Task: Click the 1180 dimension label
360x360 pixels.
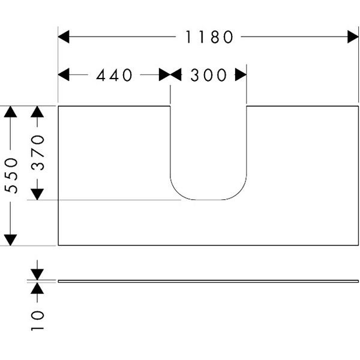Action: pyautogui.click(x=208, y=37)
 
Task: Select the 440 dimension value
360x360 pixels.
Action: pyautogui.click(x=113, y=75)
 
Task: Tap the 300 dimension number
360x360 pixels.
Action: pyautogui.click(x=209, y=75)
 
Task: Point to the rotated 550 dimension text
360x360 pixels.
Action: pyautogui.click(x=11, y=175)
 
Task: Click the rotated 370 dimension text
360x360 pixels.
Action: pyautogui.click(x=37, y=153)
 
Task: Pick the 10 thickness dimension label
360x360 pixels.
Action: pyautogui.click(x=38, y=321)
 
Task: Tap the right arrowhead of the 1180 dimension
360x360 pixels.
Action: pyautogui.click(x=352, y=37)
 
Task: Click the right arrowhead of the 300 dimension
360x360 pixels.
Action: pyautogui.click(x=241, y=75)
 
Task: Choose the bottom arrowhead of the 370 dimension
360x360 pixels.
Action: pyautogui.click(x=37, y=193)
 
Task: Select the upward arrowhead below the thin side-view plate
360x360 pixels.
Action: pyautogui.click(x=37, y=289)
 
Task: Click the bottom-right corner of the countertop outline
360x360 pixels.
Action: pyautogui.click(x=359, y=245)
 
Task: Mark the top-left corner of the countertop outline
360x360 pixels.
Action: pyautogui.click(x=58, y=107)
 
